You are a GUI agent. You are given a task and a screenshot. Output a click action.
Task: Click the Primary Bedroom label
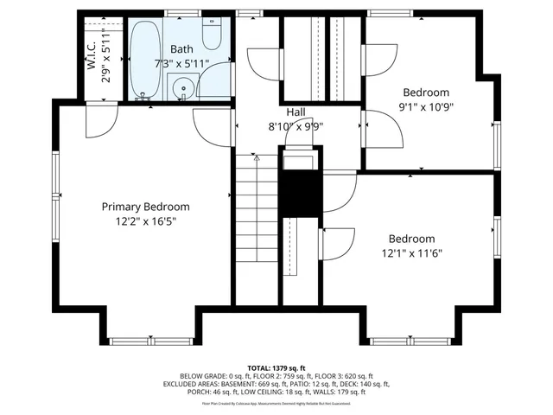pyautogui.click(x=145, y=207)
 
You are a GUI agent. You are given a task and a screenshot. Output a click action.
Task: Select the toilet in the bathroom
pyautogui.click(x=213, y=36)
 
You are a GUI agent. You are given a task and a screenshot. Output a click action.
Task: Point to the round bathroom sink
pyautogui.click(x=182, y=88)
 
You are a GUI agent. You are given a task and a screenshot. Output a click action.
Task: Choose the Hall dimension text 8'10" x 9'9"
pyautogui.click(x=296, y=126)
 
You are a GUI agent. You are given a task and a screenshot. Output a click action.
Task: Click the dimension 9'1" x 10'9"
pyautogui.click(x=426, y=107)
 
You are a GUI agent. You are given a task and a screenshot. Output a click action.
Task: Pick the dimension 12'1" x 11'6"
pyautogui.click(x=411, y=253)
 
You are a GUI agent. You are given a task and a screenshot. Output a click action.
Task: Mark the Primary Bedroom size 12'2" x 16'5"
pyautogui.click(x=145, y=221)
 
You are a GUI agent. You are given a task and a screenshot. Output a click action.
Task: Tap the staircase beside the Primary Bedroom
pyautogui.click(x=256, y=225)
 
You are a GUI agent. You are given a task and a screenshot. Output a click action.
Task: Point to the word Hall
pyautogui.click(x=296, y=112)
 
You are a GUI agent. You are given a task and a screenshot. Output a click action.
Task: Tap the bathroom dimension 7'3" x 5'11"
pyautogui.click(x=182, y=65)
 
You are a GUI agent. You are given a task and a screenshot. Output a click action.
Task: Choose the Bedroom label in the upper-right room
pyautogui.click(x=426, y=93)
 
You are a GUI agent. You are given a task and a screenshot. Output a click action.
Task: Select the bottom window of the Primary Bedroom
pyautogui.click(x=145, y=340)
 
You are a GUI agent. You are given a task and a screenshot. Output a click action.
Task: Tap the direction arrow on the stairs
pyautogui.click(x=256, y=159)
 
